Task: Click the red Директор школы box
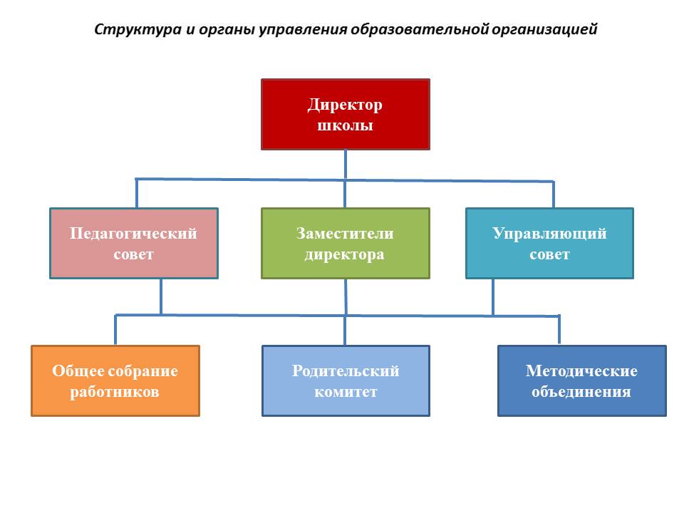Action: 346,114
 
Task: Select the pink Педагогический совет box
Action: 134,244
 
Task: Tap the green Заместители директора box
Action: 346,244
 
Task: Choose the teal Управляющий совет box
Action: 549,244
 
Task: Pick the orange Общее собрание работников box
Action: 115,380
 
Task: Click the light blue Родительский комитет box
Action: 346,380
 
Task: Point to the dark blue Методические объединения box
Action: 582,380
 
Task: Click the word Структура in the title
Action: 138,30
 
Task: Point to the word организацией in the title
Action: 545,30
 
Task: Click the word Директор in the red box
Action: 345,105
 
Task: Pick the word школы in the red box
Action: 345,125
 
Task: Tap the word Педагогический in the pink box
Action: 133,234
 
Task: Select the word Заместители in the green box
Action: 345,234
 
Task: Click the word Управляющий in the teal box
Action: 549,234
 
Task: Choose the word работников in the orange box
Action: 115,392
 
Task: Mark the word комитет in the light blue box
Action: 346,392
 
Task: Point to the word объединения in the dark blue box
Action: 581,392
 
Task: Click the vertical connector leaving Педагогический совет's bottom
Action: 161,296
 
